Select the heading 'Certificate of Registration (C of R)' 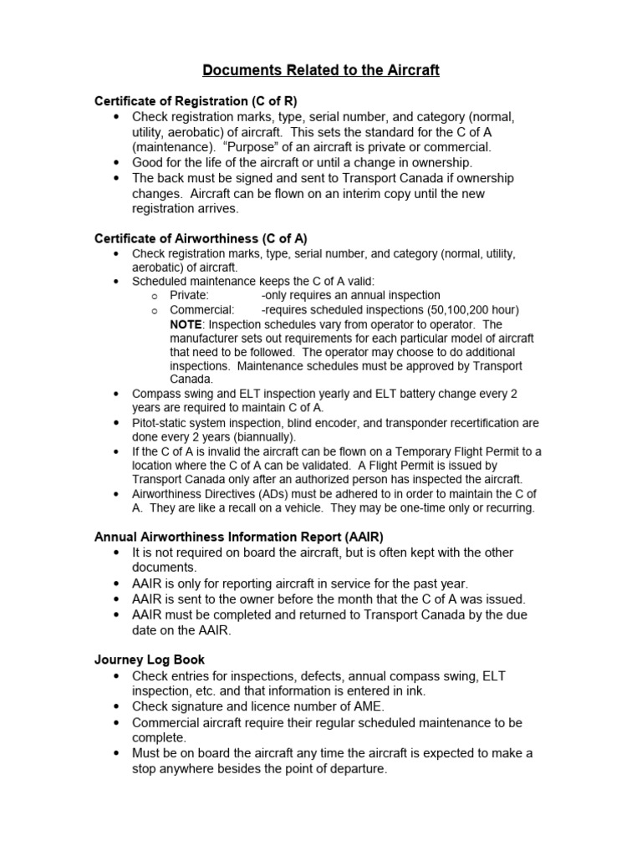click(196, 101)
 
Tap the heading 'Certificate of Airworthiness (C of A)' click(201, 238)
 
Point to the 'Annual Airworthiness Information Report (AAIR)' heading click(239, 537)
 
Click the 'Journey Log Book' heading click(150, 660)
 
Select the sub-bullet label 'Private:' click(189, 295)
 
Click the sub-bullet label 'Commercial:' click(201, 309)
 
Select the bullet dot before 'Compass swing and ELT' click(115, 394)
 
